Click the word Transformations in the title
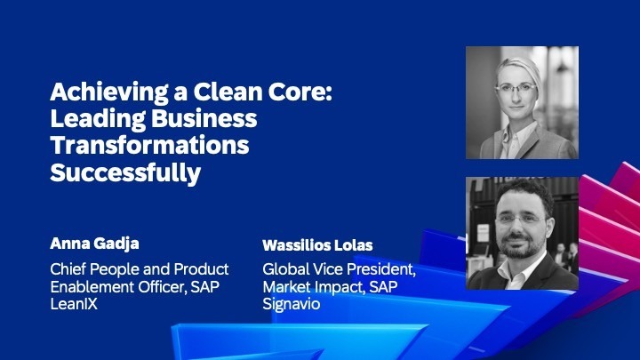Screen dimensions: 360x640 (149, 146)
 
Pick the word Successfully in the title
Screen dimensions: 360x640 (126, 172)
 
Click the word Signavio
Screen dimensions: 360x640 (292, 302)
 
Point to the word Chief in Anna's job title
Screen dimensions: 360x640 (69, 268)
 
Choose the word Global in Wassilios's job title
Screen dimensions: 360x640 (285, 269)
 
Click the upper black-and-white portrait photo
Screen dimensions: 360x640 (522, 102)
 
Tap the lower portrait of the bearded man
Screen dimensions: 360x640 (522, 233)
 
